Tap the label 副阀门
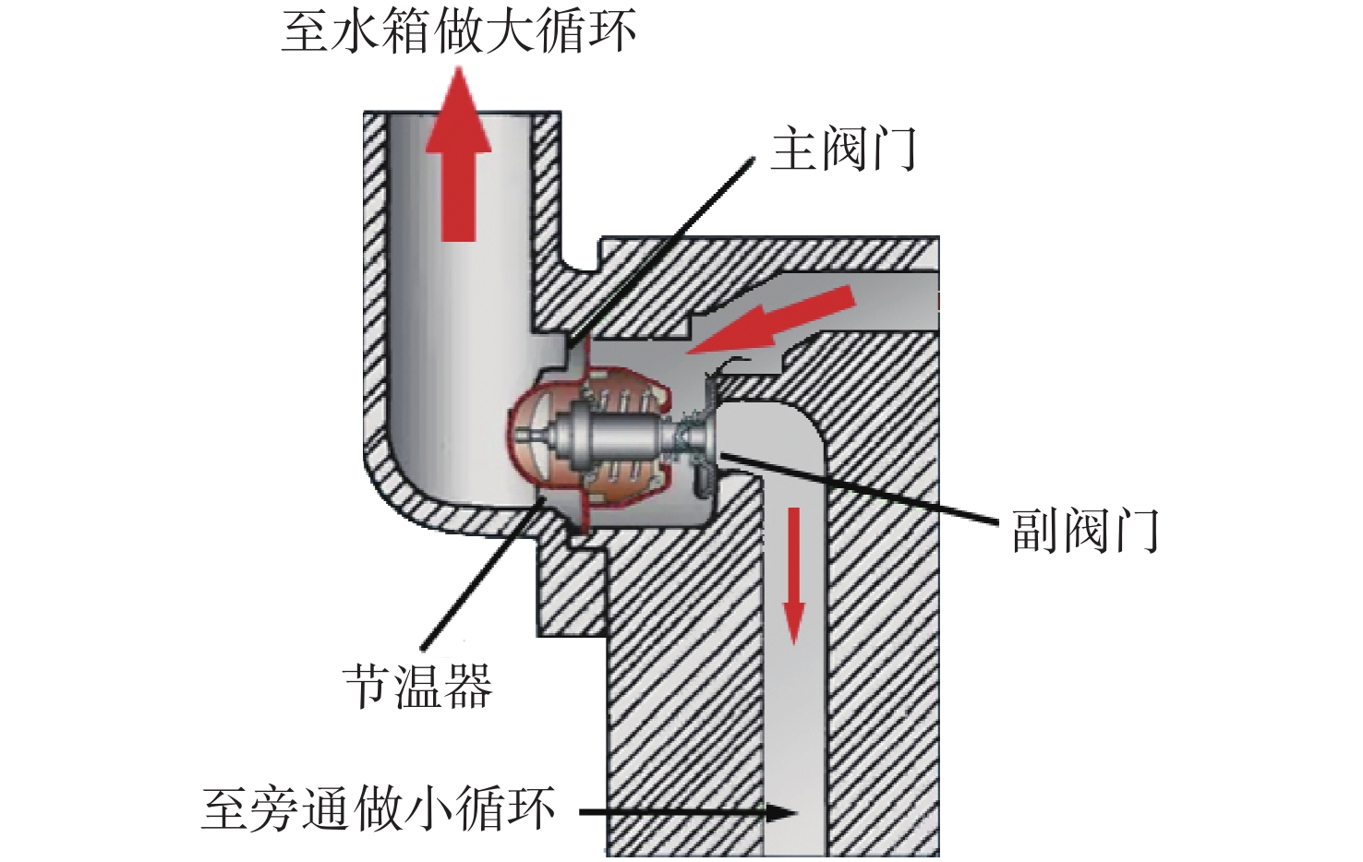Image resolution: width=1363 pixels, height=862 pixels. [1085, 530]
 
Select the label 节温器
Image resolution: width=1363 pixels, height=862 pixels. [418, 686]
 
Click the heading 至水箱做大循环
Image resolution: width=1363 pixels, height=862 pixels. [459, 31]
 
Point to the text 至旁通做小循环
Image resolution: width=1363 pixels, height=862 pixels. [378, 809]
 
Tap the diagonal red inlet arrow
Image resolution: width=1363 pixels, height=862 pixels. [771, 320]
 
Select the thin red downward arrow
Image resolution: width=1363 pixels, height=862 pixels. [793, 574]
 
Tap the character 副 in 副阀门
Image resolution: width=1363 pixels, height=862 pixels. [1035, 530]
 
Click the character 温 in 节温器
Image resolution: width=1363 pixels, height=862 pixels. [418, 686]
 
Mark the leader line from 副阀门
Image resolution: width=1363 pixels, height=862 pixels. [859, 487]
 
